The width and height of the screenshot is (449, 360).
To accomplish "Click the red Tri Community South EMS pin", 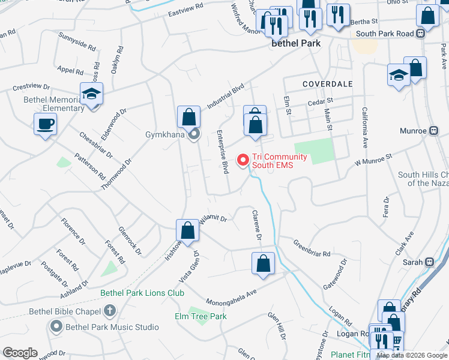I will (x=243, y=160).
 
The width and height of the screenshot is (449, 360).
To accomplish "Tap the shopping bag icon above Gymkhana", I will (x=188, y=115).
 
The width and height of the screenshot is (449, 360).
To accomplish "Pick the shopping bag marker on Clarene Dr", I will (x=263, y=263).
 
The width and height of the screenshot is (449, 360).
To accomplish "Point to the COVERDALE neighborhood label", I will (x=327, y=83).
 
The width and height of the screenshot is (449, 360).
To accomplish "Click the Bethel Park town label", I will (x=296, y=43).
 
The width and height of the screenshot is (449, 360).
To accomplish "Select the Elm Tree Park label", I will (x=200, y=316).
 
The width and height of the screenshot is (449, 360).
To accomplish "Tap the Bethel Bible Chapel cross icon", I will (x=109, y=311).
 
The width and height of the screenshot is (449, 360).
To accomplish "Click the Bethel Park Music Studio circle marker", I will (x=56, y=327).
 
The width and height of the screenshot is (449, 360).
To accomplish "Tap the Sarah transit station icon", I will (x=429, y=262).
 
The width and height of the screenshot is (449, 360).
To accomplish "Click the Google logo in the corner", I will (x=20, y=353).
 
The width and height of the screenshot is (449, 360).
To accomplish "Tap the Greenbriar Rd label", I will (x=312, y=249).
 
